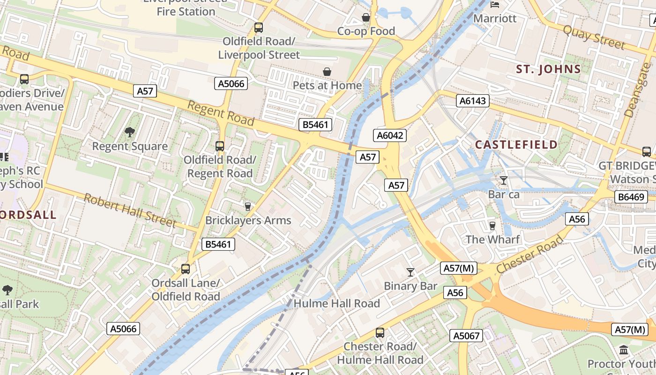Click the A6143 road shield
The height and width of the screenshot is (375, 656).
pyautogui.click(x=474, y=101)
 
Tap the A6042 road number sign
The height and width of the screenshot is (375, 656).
pyautogui.click(x=390, y=135)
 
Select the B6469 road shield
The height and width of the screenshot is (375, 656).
pyautogui.click(x=631, y=197)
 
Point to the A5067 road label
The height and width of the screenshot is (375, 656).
pyautogui.click(x=466, y=336)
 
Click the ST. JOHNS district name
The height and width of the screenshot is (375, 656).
pyautogui.click(x=548, y=69)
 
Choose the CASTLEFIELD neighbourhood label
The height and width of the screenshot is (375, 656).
pyautogui.click(x=516, y=144)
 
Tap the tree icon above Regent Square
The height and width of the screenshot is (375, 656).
pyautogui.click(x=130, y=132)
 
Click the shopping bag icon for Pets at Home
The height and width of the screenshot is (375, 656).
pyautogui.click(x=327, y=72)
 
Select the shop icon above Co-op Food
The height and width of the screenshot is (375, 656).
pyautogui.click(x=366, y=17)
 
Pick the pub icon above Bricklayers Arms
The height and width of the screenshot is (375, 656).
pyautogui.click(x=248, y=206)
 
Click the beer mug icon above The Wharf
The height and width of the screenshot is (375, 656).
pyautogui.click(x=492, y=226)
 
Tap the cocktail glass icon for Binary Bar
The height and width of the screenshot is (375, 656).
pyautogui.click(x=410, y=272)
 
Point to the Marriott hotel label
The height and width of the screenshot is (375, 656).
pyautogui.click(x=495, y=18)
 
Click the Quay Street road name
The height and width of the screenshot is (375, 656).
pyautogui.click(x=594, y=37)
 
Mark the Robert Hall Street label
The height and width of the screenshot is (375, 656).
pyautogui.click(x=129, y=210)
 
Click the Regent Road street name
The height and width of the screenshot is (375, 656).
pyautogui.click(x=221, y=113)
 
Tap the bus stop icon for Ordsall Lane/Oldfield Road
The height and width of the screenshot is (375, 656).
pyautogui.click(x=186, y=269)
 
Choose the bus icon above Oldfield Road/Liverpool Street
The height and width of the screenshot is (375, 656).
pyautogui.click(x=259, y=28)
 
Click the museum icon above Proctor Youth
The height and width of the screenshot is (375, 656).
pyautogui.click(x=624, y=350)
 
